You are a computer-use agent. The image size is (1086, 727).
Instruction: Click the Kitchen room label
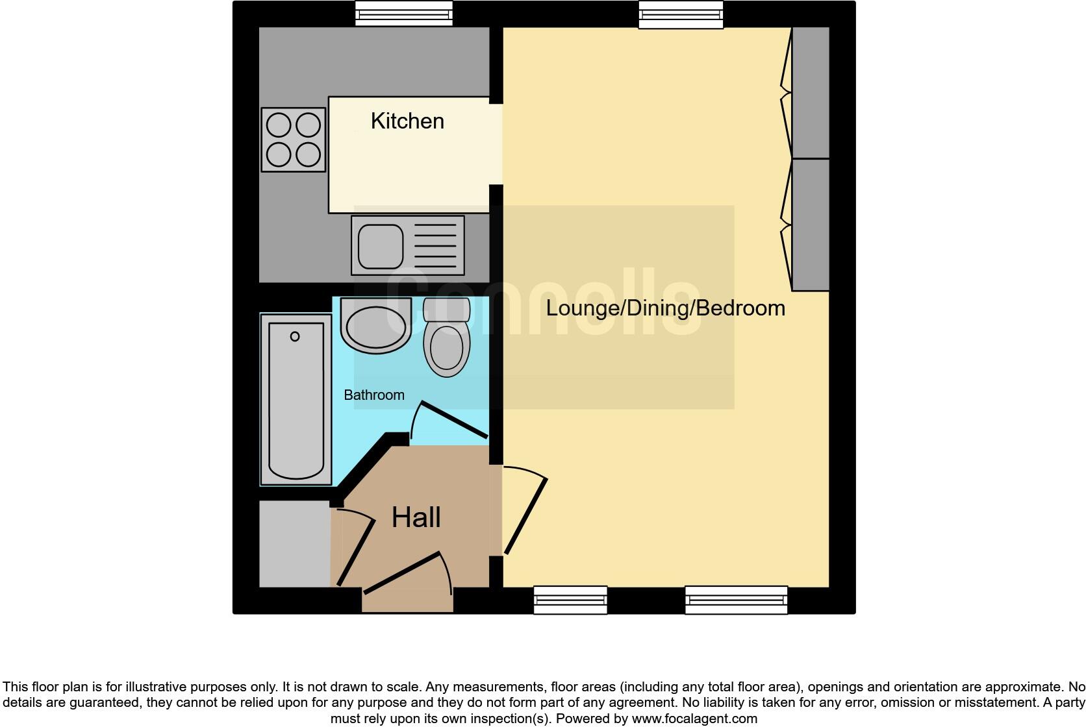point(407,121)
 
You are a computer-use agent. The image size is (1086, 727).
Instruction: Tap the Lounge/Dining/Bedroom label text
point(665,308)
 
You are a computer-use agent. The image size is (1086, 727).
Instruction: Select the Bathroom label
point(373,395)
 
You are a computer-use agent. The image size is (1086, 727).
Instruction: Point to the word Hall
point(416,518)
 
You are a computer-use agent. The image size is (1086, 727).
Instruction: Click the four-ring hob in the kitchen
point(294,140)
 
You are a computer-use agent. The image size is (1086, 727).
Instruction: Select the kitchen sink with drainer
point(408,245)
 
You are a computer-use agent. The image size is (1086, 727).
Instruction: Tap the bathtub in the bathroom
point(296,399)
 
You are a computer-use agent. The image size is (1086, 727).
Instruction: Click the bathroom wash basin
point(375,325)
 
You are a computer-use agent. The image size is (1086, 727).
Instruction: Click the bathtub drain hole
point(295,336)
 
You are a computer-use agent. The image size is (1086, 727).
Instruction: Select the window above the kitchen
point(403,14)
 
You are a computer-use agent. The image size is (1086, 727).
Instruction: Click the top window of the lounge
point(681,15)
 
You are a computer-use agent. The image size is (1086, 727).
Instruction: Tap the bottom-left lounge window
point(570,600)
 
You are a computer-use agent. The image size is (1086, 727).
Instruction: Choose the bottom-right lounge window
point(736,600)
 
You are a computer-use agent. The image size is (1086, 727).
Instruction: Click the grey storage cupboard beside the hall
point(294,544)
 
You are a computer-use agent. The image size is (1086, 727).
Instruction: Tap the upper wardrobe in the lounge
point(810,93)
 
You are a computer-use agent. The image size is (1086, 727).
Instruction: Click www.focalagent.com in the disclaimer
point(694,719)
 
